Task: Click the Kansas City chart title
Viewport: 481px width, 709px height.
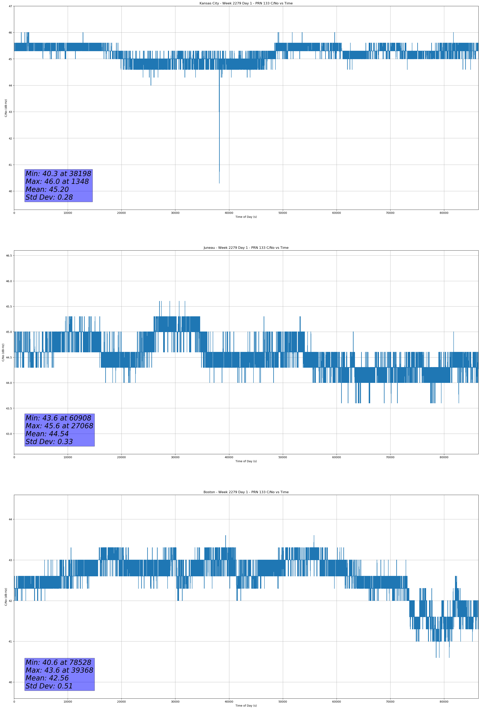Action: (x=246, y=3)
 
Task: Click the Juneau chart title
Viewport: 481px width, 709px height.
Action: (x=246, y=248)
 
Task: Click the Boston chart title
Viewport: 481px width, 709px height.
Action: (x=246, y=492)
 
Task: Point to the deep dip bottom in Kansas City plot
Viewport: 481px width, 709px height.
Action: (x=219, y=183)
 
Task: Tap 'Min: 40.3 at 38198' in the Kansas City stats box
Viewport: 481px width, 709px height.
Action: (x=58, y=174)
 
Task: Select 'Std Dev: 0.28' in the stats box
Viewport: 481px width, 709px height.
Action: (x=49, y=197)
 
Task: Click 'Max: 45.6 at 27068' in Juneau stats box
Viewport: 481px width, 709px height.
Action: (x=59, y=426)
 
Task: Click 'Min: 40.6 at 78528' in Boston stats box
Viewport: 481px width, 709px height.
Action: (x=58, y=662)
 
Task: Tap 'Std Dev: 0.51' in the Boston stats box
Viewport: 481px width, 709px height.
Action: (x=49, y=686)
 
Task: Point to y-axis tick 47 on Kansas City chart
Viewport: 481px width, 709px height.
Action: (x=10, y=6)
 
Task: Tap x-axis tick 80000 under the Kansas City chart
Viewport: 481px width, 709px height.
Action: (x=444, y=213)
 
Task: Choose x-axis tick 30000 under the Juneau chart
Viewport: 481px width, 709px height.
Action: (x=175, y=457)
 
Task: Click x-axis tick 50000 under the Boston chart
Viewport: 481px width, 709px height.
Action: (x=282, y=702)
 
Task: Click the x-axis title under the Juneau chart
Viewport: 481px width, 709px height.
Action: (x=246, y=461)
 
